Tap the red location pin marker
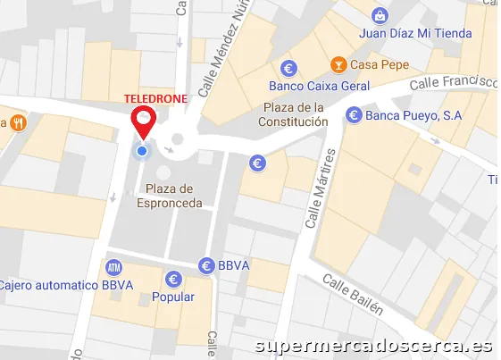pyautogui.click(x=143, y=121)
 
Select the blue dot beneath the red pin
pyautogui.click(x=141, y=151)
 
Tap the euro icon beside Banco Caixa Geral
pyautogui.click(x=288, y=67)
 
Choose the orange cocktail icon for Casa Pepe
pyautogui.click(x=338, y=64)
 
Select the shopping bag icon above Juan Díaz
pyautogui.click(x=380, y=15)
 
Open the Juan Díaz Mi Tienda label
pyautogui.click(x=415, y=34)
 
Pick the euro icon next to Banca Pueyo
pyautogui.click(x=354, y=114)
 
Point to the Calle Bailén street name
pyautogui.click(x=353, y=296)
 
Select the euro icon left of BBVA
pyautogui.click(x=205, y=265)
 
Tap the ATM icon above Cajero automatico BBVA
pyautogui.click(x=113, y=267)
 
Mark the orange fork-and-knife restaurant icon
pyautogui.click(x=17, y=122)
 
